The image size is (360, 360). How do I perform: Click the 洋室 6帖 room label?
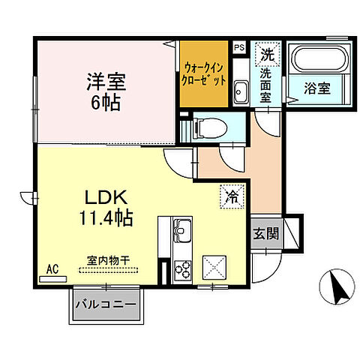104,88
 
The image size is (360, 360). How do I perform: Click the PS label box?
239,47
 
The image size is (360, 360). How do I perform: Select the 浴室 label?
318,88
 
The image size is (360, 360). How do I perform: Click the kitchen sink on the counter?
182,228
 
